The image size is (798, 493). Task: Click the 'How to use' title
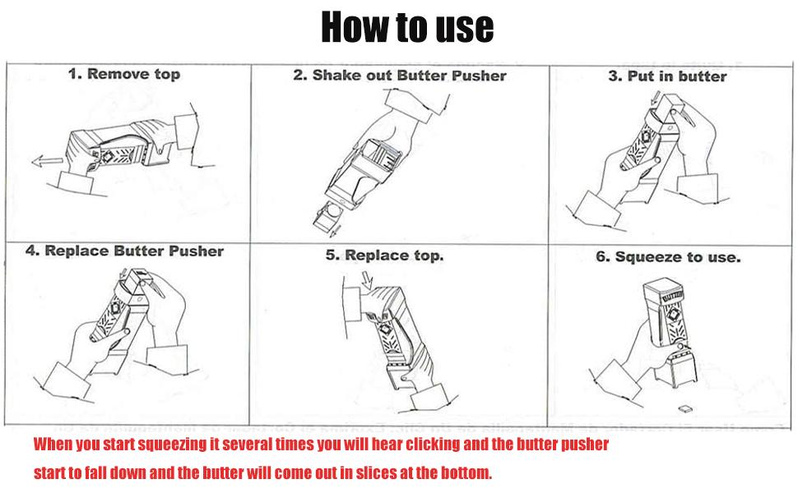point(406,26)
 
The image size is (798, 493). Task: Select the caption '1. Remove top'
point(123,74)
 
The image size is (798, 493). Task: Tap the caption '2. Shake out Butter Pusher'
point(400,75)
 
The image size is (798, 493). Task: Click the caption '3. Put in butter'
point(667,76)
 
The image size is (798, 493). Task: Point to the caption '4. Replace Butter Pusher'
point(124,251)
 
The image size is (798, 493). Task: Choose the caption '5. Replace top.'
point(384,255)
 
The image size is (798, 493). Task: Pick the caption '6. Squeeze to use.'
point(668,256)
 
